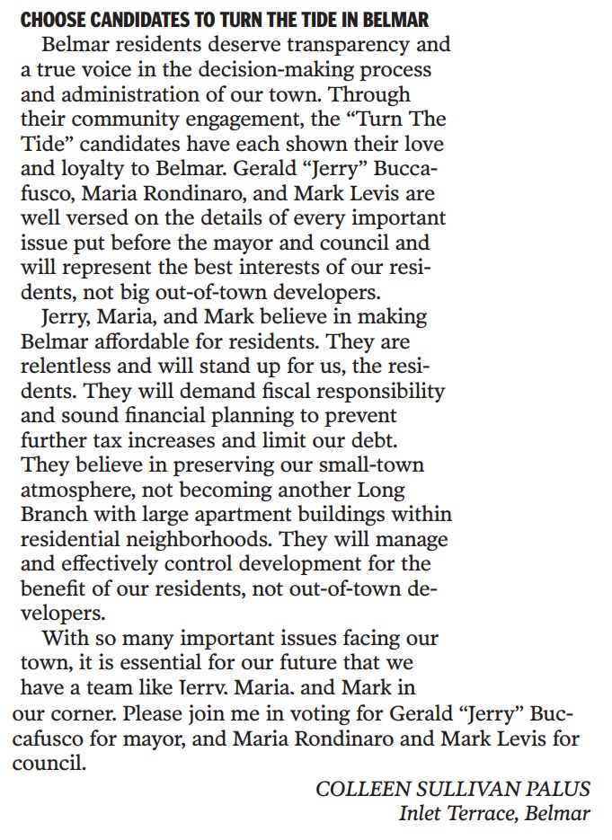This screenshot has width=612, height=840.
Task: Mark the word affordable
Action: click(130, 342)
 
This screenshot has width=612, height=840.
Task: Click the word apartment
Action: click(239, 516)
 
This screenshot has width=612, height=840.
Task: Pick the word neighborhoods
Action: click(206, 540)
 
